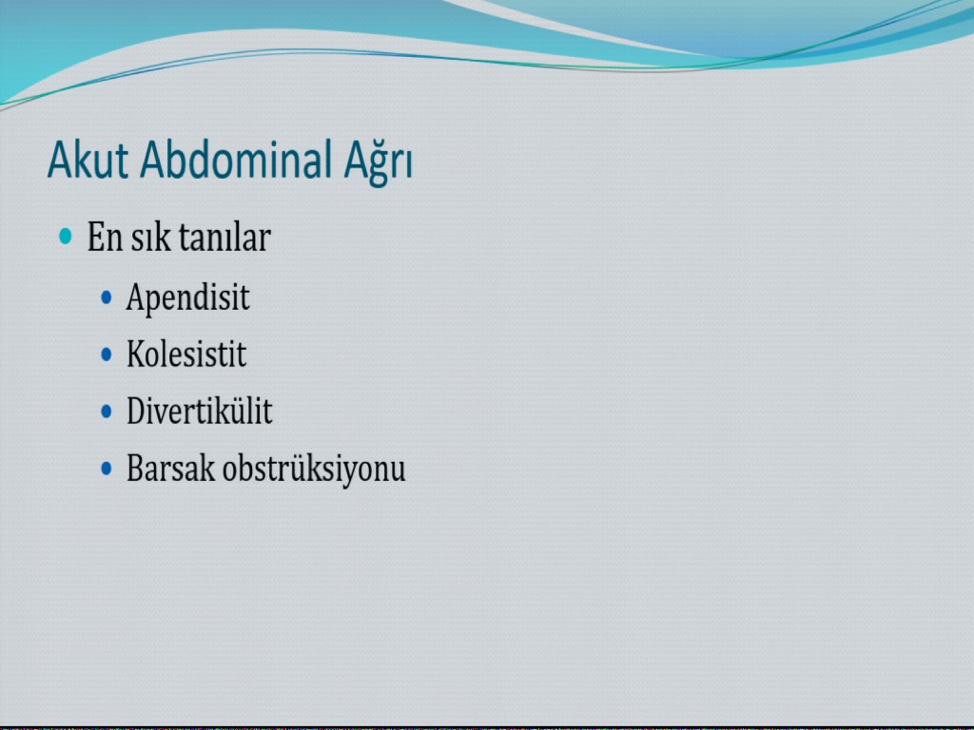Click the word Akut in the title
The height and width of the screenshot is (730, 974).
pos(88,160)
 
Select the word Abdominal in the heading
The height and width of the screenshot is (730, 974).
pos(236,160)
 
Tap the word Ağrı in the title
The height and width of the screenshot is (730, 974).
pos(378,162)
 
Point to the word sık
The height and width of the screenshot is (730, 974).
pos(149,237)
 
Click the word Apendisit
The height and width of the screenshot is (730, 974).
pos(187,298)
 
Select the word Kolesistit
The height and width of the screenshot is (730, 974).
pos(186,354)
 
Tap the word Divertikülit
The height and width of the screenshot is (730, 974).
pos(200,411)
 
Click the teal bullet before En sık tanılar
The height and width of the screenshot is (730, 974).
pos(66,236)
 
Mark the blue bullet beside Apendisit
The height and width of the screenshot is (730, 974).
pos(107,298)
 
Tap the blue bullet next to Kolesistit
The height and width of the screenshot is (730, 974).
pos(107,355)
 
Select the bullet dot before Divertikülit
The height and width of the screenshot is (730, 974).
pos(107,411)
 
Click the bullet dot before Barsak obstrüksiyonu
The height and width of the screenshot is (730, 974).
pos(107,468)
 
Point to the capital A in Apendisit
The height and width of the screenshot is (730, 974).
pos(136,297)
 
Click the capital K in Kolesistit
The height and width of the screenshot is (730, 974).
pos(135,354)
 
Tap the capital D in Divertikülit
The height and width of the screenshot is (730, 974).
pos(136,411)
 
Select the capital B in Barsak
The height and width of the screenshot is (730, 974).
pos(135,468)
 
